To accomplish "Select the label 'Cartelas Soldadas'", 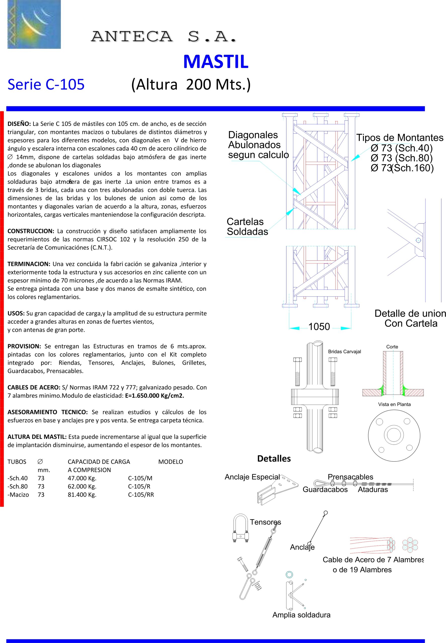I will point(247,227).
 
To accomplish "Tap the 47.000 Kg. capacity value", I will point(82,478).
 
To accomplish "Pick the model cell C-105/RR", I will point(141,495).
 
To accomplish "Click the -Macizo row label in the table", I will point(18,495).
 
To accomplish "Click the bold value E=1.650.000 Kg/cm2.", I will point(154,396).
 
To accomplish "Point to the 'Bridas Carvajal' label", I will point(344,351).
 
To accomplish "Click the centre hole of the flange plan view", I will point(394,434).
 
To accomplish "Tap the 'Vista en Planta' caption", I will point(394,404).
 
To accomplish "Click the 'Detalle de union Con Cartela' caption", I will point(410,318).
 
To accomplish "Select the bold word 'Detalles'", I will point(274,459).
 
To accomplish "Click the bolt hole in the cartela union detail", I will point(418,240).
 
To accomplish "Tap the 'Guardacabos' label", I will point(325,489).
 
